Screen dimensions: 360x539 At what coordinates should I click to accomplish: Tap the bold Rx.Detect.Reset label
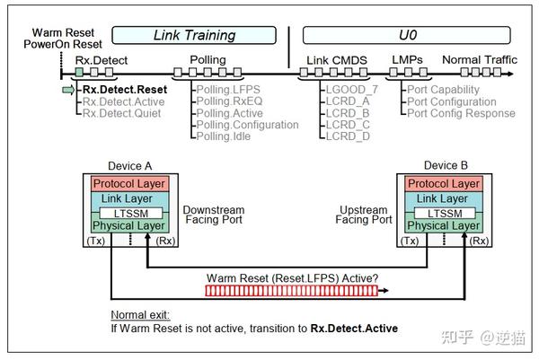tap(125, 90)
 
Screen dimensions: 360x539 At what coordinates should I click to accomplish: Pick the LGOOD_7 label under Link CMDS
tap(353, 90)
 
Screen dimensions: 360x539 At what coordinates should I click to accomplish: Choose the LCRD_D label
tap(349, 136)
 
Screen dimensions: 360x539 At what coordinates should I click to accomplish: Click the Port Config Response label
tap(461, 113)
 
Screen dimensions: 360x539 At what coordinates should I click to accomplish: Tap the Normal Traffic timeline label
tap(477, 60)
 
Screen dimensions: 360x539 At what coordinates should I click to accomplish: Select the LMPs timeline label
tap(406, 60)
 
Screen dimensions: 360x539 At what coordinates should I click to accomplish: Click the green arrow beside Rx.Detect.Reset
tap(68, 90)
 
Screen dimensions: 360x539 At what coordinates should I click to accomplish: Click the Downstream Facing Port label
tap(213, 215)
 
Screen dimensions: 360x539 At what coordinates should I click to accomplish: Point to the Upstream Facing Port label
tap(364, 215)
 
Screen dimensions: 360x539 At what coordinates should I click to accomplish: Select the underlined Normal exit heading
tap(140, 316)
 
